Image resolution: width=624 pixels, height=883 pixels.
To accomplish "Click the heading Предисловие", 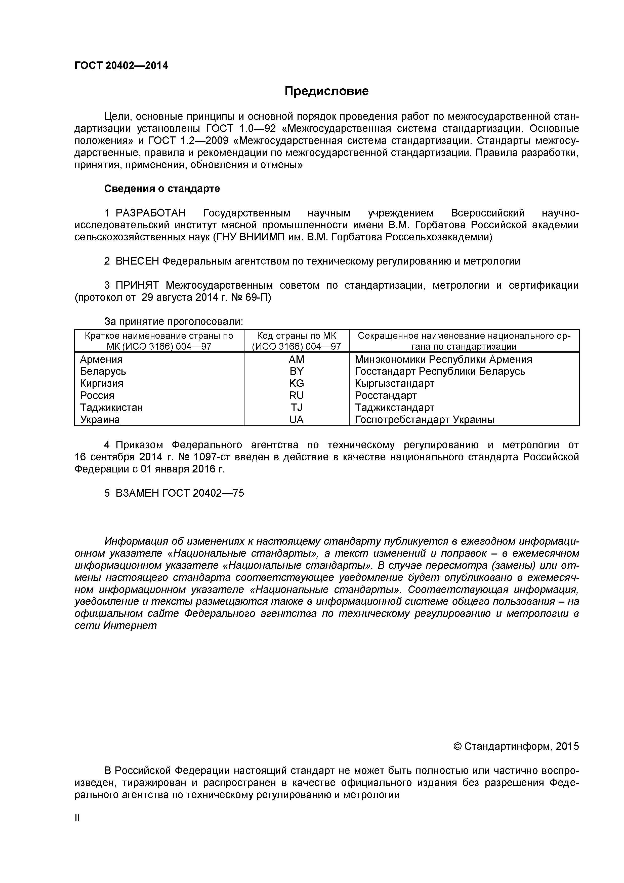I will pyautogui.click(x=326, y=91).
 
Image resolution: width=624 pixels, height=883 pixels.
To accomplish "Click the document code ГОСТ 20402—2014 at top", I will pyautogui.click(x=121, y=66).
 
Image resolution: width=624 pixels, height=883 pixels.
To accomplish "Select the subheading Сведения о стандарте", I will pyautogui.click(x=162, y=189).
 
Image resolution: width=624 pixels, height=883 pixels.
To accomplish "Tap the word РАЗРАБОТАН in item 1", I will pyautogui.click(x=151, y=213).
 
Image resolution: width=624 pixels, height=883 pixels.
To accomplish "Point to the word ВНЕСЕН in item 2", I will pyautogui.click(x=137, y=261).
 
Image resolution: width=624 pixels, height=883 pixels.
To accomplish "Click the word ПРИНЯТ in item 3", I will pyautogui.click(x=137, y=285).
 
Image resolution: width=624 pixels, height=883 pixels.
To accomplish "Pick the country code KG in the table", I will pyautogui.click(x=296, y=383).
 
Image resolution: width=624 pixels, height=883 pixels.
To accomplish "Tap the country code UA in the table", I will pyautogui.click(x=296, y=420).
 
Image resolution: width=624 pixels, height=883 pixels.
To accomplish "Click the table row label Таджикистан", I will pyautogui.click(x=111, y=408).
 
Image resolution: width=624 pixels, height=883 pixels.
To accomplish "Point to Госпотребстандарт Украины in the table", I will pyautogui.click(x=424, y=420).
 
